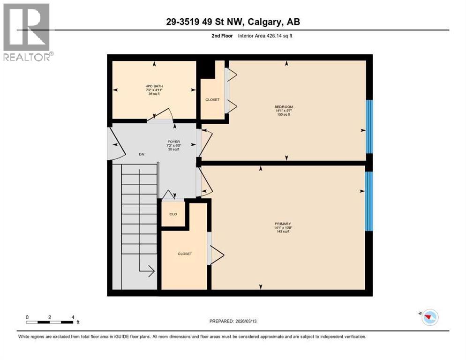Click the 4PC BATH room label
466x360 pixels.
point(154,86)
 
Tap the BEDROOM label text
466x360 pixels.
point(284,107)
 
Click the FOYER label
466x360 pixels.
point(174,142)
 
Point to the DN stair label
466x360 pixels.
point(141,154)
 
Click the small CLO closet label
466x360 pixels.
point(173,214)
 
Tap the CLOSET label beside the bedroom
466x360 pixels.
point(212,100)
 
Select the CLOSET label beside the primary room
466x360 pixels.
point(185,254)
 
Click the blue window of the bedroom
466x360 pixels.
point(369,127)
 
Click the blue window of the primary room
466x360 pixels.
point(369,201)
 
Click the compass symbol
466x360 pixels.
point(429,317)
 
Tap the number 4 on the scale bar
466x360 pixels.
point(73,317)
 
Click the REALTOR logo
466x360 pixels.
point(27,32)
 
